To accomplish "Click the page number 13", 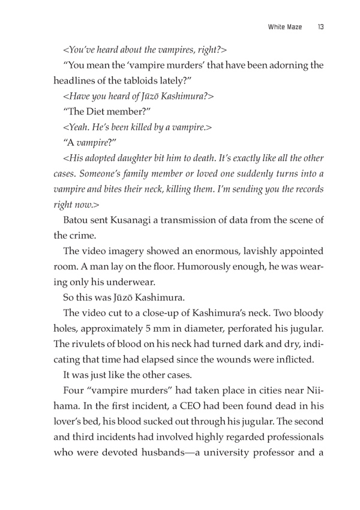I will (x=321, y=27).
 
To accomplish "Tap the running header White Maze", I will (x=283, y=27).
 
